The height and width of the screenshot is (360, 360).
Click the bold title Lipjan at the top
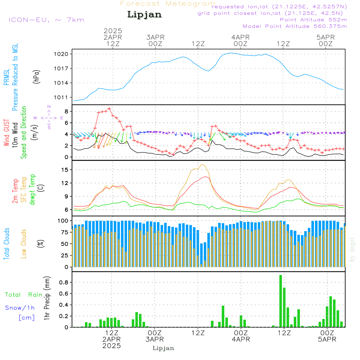(x=144, y=15)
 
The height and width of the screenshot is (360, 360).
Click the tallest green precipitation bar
(x=280, y=301)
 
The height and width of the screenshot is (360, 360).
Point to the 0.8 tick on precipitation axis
(x=64, y=282)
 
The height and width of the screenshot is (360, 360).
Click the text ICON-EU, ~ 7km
(x=46, y=20)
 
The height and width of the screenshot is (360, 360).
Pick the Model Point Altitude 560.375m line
(x=295, y=26)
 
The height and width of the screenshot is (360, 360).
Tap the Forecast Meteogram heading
(x=168, y=4)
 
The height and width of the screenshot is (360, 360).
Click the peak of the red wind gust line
(x=109, y=108)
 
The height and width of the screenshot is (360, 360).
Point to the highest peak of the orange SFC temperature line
(x=202, y=164)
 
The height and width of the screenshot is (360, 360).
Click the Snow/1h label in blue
(x=20, y=308)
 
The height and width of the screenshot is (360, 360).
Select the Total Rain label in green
(x=24, y=295)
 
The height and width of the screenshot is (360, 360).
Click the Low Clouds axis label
(x=24, y=243)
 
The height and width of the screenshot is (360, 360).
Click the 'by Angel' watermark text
(x=352, y=250)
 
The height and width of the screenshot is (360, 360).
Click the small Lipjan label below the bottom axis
(x=163, y=348)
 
